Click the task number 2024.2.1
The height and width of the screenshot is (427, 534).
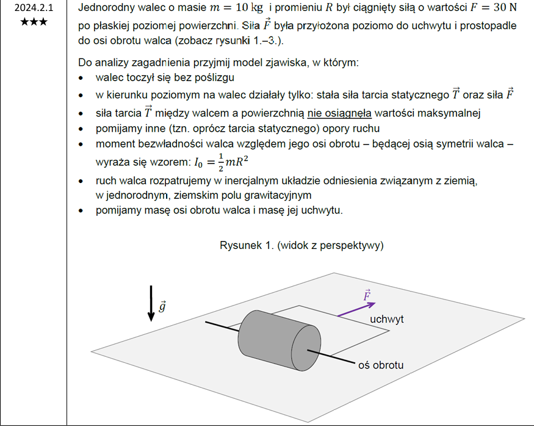(x=34, y=9)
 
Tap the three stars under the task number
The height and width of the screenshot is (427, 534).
(x=34, y=22)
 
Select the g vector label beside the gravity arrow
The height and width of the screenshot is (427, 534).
(x=162, y=306)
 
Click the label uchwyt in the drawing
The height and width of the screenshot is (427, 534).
(x=387, y=319)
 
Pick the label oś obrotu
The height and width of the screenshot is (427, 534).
(x=380, y=365)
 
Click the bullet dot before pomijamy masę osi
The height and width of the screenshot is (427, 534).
(x=82, y=211)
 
